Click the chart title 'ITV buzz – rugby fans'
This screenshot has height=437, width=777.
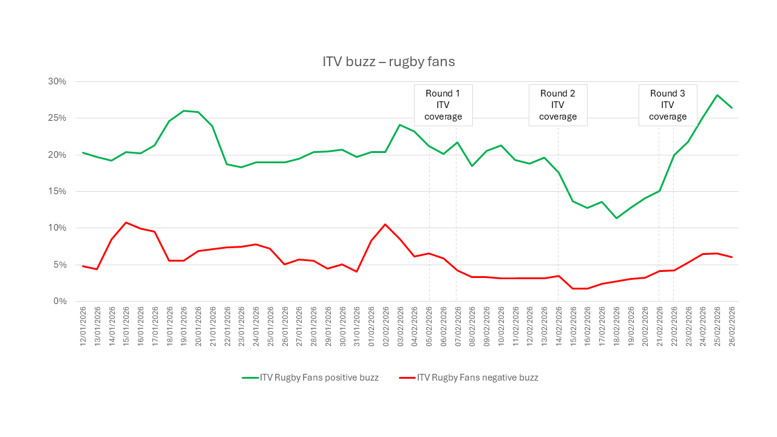tap(388, 62)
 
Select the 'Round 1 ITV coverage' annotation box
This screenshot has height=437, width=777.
tap(443, 105)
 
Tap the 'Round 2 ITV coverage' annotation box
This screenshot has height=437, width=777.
tap(558, 105)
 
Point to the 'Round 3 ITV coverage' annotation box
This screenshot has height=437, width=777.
tap(668, 105)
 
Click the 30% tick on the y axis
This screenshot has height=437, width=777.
tap(58, 82)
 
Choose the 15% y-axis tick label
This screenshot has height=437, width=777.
tap(58, 192)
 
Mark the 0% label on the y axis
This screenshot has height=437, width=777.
tap(60, 302)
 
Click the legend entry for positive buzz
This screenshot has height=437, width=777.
tap(310, 378)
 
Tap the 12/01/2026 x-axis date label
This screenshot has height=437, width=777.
tap(83, 327)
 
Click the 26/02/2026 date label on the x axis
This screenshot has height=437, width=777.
tap(732, 327)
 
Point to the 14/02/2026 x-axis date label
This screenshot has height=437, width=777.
tap(558, 327)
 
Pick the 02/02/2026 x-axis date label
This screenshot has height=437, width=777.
tap(385, 327)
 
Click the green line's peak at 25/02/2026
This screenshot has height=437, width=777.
tap(717, 95)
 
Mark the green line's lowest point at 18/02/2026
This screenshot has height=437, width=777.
tap(616, 218)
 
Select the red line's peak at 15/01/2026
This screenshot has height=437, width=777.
tap(126, 223)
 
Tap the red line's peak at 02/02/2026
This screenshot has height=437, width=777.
tap(385, 225)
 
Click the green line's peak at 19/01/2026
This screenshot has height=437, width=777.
tap(183, 111)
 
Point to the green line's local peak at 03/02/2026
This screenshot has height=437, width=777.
tap(400, 125)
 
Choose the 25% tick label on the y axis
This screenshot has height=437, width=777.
tap(58, 118)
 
